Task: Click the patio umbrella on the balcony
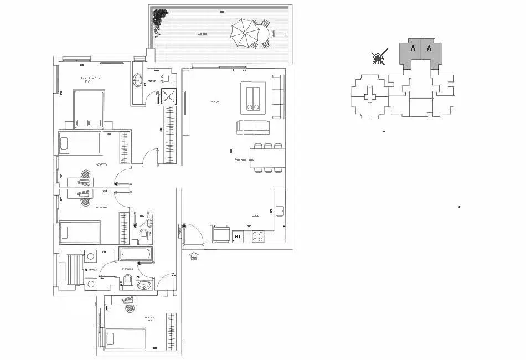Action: tap(244, 33)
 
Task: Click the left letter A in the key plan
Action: tap(412, 49)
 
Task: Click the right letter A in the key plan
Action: tap(429, 49)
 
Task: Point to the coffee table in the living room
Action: tap(252, 97)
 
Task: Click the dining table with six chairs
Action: tap(268, 158)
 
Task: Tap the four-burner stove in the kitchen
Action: tap(258, 236)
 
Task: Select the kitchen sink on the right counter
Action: tap(280, 210)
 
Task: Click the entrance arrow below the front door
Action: tap(193, 256)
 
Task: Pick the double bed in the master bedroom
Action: tap(87, 109)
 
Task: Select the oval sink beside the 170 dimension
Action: tap(146, 286)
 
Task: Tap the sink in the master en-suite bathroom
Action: tap(137, 81)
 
